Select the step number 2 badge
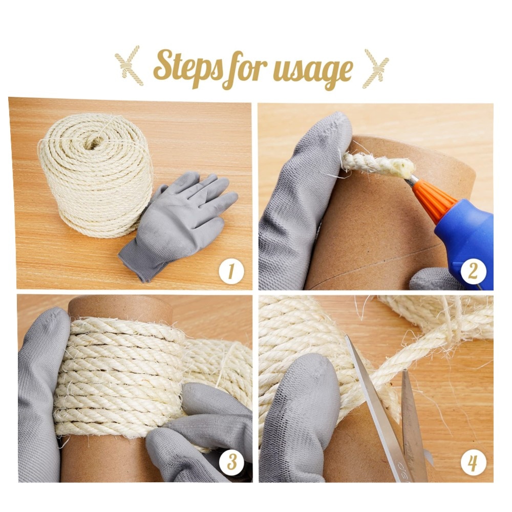tap(473, 271)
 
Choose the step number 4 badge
tap(473, 463)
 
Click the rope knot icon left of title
tap(129, 66)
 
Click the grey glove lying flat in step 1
tap(178, 225)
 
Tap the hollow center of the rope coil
tap(95, 142)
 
